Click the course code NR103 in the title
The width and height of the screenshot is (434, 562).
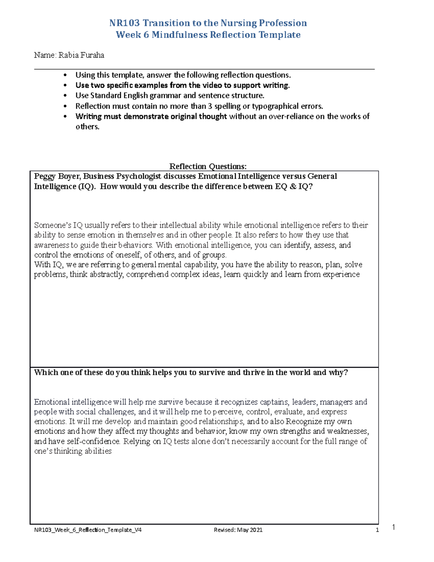[125, 23]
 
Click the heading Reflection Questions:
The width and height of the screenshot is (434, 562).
[208, 166]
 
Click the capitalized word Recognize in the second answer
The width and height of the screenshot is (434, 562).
[303, 422]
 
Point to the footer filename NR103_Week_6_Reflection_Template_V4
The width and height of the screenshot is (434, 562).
[88, 530]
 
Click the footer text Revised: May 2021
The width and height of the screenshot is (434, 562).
[238, 530]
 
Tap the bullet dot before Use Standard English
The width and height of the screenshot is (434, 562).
[65, 96]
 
